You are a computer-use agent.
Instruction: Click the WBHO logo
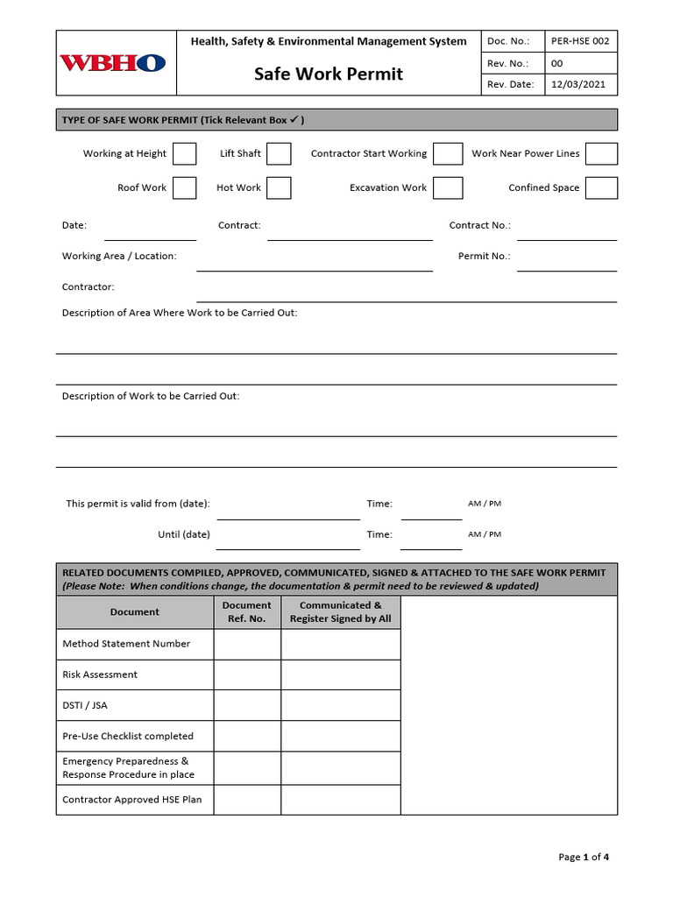(x=112, y=63)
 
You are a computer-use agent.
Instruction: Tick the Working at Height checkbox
(x=184, y=154)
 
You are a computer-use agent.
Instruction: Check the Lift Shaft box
(x=279, y=154)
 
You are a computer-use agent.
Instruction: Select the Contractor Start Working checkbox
(x=448, y=154)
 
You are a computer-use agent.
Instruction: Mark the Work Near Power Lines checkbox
(x=601, y=154)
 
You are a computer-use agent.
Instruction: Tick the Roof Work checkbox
(x=184, y=188)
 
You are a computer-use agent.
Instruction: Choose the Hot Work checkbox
(x=279, y=188)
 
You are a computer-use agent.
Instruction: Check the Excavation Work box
(x=448, y=188)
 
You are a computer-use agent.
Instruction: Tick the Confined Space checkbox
(x=601, y=188)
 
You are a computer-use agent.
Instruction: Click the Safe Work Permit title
(x=329, y=74)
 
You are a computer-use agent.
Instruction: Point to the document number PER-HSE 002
(x=579, y=41)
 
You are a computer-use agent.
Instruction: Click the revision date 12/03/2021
(x=578, y=85)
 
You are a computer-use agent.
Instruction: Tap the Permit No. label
(x=484, y=257)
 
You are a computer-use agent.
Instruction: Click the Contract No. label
(x=479, y=226)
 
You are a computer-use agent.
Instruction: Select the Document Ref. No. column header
(x=247, y=611)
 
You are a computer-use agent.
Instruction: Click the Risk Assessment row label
(x=100, y=675)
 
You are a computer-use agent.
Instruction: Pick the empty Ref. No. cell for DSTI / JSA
(x=247, y=705)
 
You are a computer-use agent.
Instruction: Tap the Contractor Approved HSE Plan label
(x=132, y=800)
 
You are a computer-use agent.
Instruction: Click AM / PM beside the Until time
(x=485, y=534)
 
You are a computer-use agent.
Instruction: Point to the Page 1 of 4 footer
(x=584, y=857)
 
